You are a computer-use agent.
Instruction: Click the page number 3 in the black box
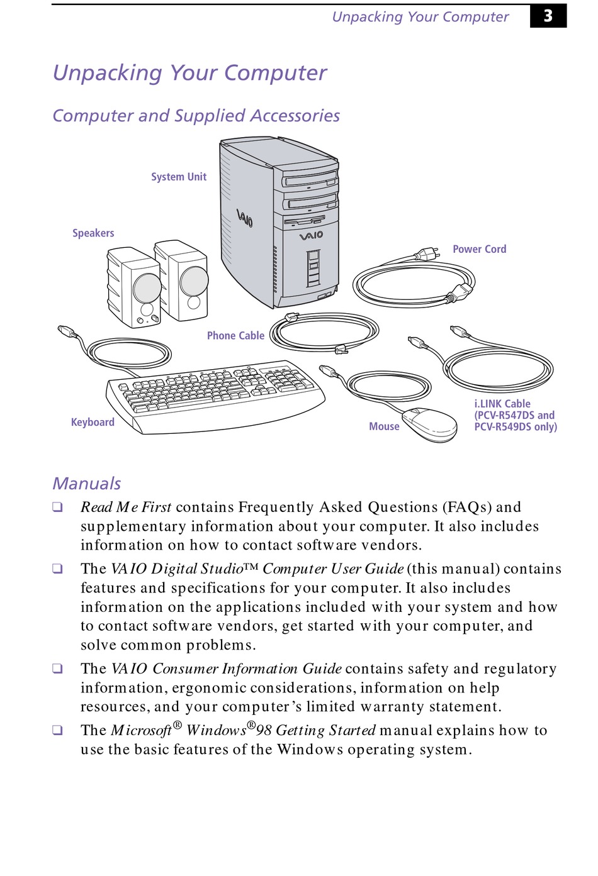click(x=548, y=16)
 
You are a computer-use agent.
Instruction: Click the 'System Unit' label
click(x=179, y=177)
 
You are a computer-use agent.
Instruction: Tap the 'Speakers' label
click(x=93, y=233)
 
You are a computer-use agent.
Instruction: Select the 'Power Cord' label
click(x=479, y=249)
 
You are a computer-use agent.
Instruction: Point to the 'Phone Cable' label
click(x=235, y=336)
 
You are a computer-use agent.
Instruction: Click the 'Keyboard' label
click(x=93, y=422)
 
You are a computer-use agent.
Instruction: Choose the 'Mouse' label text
click(x=384, y=426)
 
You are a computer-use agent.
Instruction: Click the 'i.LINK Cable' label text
click(x=502, y=404)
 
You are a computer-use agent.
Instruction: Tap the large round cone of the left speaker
click(x=147, y=288)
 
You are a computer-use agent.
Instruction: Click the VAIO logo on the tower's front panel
click(x=311, y=235)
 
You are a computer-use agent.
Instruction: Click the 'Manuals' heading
click(x=87, y=483)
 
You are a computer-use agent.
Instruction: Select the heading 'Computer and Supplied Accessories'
click(x=196, y=116)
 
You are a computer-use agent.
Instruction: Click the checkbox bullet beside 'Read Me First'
click(x=57, y=507)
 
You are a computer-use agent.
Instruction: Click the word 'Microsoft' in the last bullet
click(x=141, y=730)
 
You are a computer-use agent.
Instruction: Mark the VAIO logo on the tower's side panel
click(x=245, y=218)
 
